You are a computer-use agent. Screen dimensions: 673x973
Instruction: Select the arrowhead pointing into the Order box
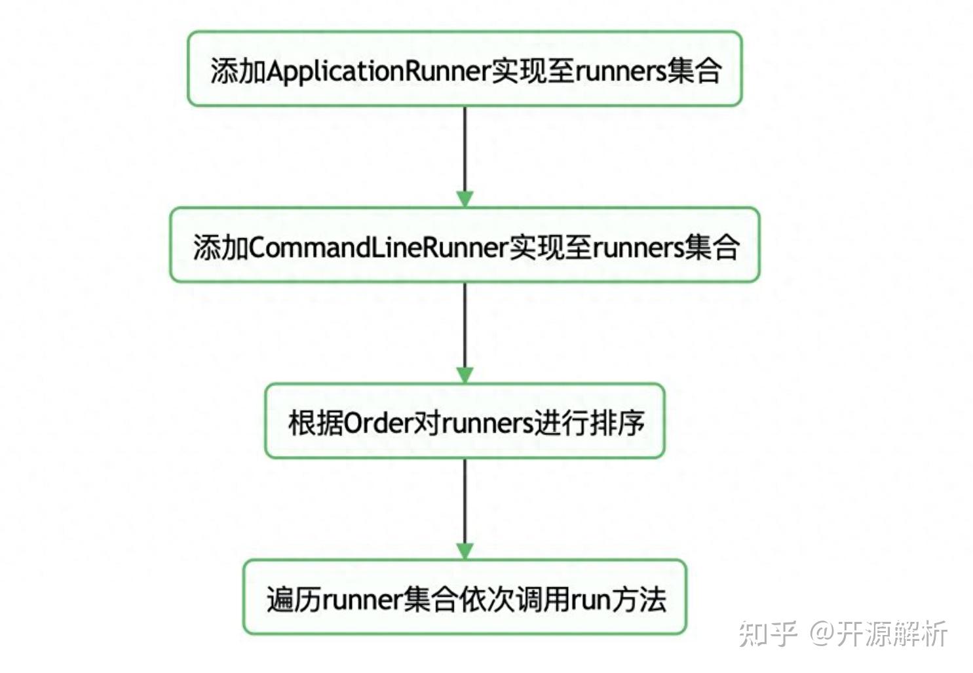[x=465, y=375]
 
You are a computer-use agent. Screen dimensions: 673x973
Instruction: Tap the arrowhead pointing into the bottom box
[x=465, y=550]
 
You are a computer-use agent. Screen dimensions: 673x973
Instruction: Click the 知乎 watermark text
[x=767, y=634]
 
